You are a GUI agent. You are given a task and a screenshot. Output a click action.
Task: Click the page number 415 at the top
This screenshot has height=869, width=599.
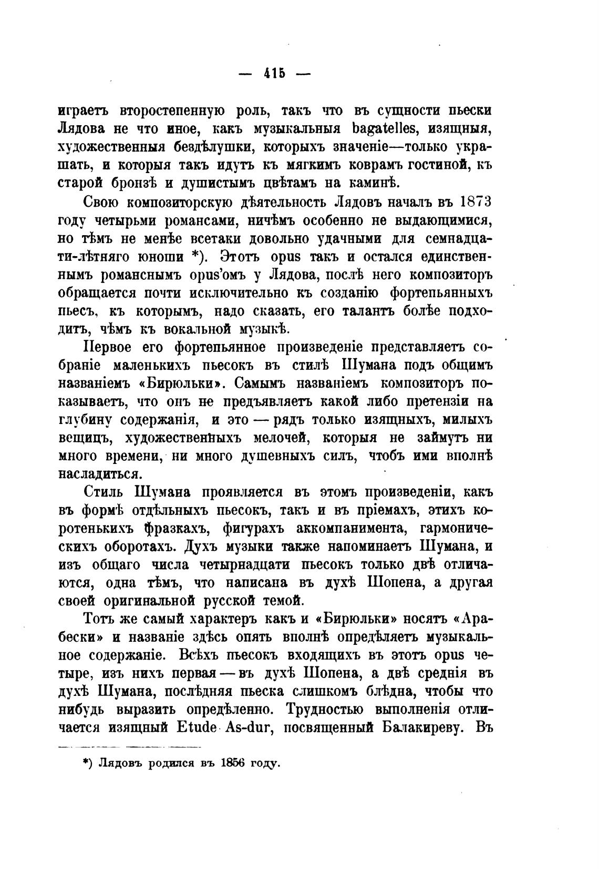click(274, 74)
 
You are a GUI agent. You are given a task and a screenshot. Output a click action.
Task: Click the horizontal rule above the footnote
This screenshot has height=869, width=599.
click(129, 746)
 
